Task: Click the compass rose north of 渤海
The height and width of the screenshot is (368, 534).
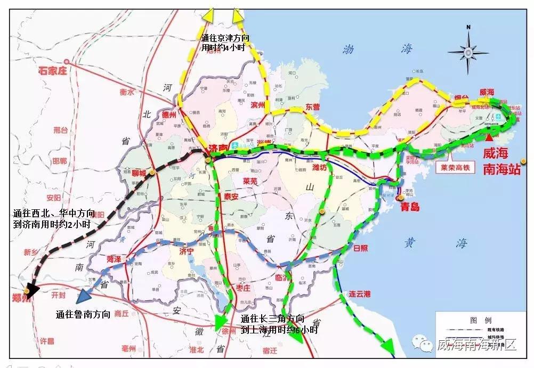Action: tap(468, 51)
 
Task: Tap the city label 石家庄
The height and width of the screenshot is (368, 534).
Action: tap(53, 70)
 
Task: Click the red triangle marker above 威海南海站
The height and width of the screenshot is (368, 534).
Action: tap(489, 137)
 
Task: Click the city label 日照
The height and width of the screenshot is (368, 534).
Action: tap(361, 248)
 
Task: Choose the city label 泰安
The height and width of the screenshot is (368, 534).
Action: tap(230, 196)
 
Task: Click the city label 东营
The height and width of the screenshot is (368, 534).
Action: tap(313, 107)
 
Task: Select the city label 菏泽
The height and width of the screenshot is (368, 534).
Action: tap(114, 259)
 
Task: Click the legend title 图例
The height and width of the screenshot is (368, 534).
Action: tap(476, 320)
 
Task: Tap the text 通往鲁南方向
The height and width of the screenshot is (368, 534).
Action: tap(83, 315)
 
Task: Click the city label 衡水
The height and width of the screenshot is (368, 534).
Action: tap(127, 92)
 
